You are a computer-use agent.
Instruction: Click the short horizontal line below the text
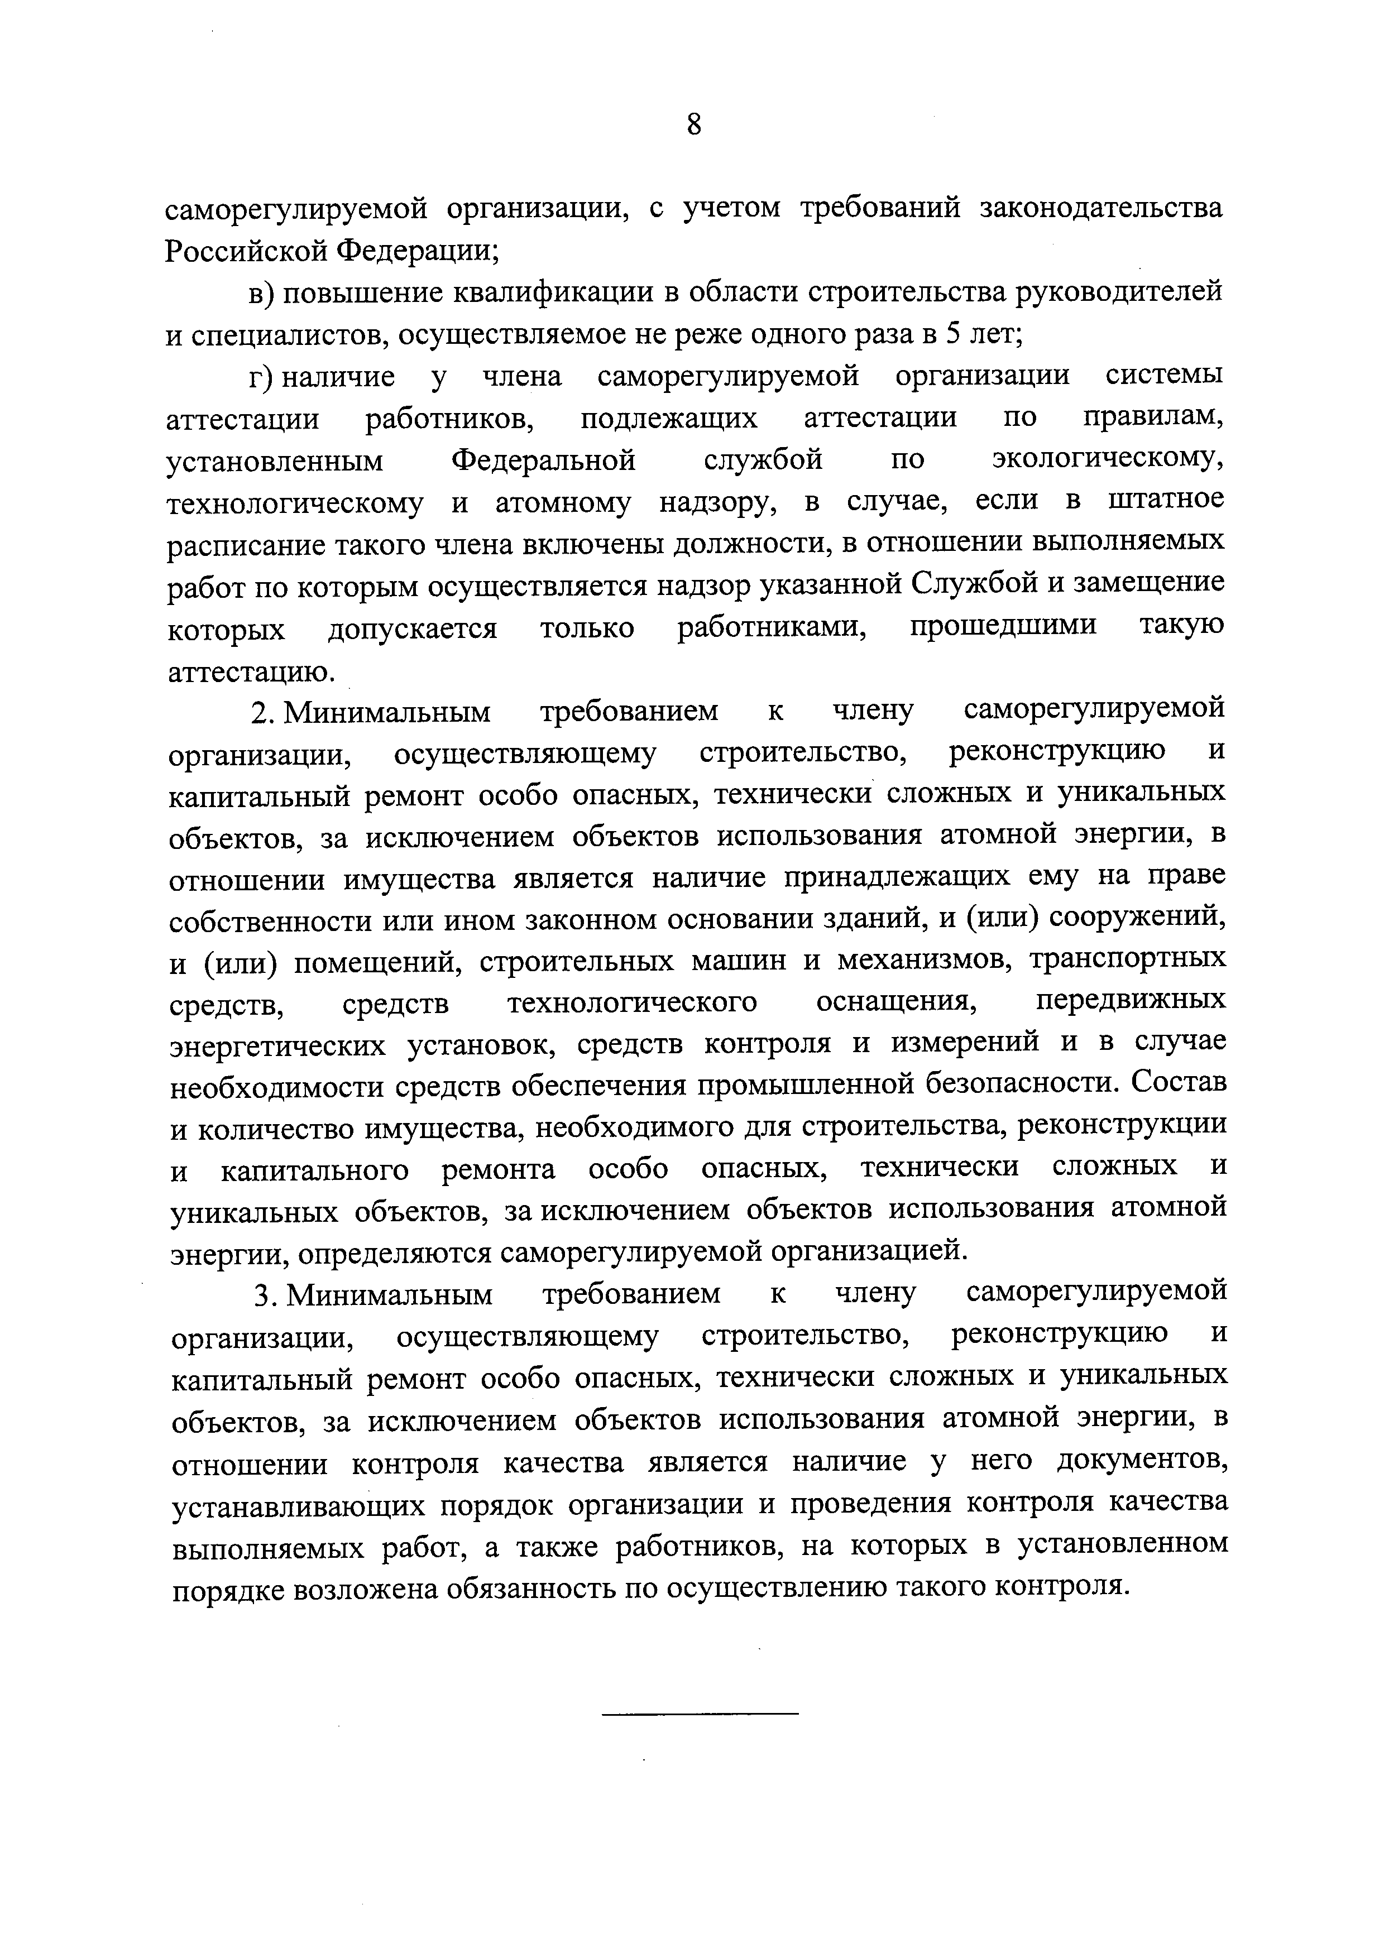[x=700, y=1714]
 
